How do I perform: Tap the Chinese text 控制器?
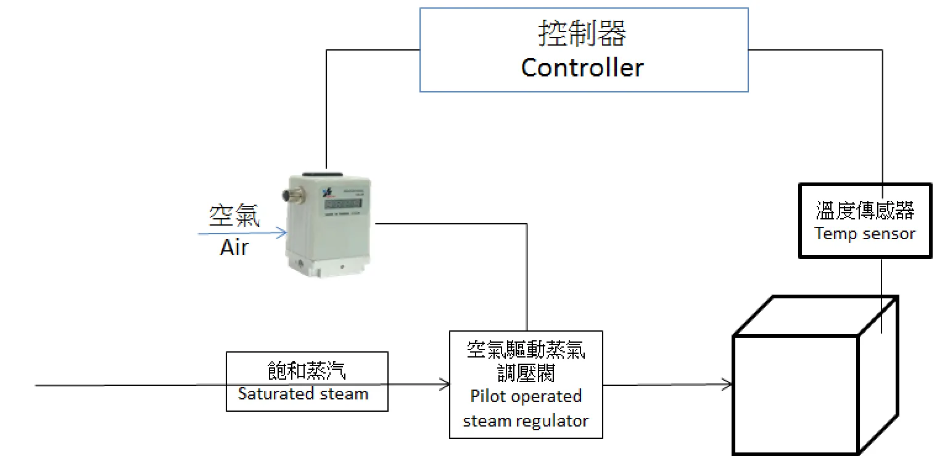[582, 34]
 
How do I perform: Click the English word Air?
[234, 248]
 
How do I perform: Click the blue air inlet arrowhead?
[283, 233]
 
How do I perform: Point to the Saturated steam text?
[303, 394]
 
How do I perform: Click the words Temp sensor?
[865, 234]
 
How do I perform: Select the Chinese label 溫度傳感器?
[865, 211]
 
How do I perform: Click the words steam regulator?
[526, 421]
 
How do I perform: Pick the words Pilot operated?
[526, 396]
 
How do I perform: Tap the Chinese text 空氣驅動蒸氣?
[526, 350]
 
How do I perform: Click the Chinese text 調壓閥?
[526, 372]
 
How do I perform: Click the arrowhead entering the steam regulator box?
[445, 385]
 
